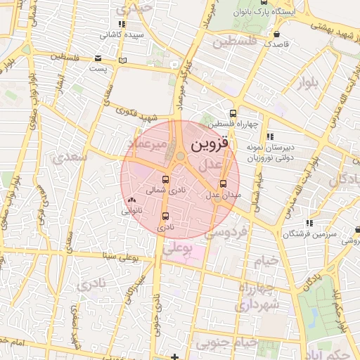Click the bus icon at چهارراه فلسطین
[233, 114]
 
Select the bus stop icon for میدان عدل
[224, 184]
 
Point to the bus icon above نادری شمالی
[165, 179]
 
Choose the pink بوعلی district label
[176, 249]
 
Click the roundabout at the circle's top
[181, 156]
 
